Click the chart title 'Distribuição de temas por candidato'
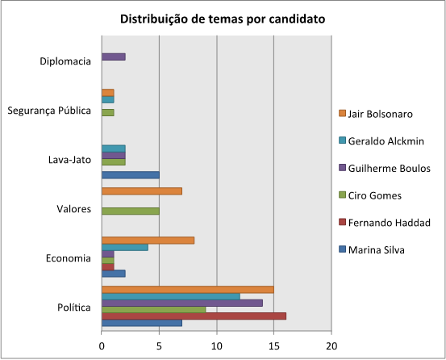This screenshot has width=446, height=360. tap(223, 19)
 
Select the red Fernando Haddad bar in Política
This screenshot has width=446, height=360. tap(194, 316)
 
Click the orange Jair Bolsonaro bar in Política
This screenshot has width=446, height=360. tap(187, 290)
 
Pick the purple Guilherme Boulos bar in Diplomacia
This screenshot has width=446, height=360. tap(114, 57)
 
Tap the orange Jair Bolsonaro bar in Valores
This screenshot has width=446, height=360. tap(142, 190)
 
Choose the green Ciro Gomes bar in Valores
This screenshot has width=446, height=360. tap(131, 211)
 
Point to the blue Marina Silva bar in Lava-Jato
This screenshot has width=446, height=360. tap(131, 174)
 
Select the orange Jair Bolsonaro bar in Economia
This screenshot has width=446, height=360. tap(148, 240)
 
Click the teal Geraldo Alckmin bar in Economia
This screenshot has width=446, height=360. tap(125, 246)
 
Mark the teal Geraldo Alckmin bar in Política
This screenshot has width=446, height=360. tap(170, 296)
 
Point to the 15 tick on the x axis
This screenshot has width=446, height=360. tap(274, 346)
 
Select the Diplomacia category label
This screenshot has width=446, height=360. tap(65, 61)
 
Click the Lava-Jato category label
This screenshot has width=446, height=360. tap(69, 160)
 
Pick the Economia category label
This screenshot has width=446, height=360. tap(69, 258)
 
